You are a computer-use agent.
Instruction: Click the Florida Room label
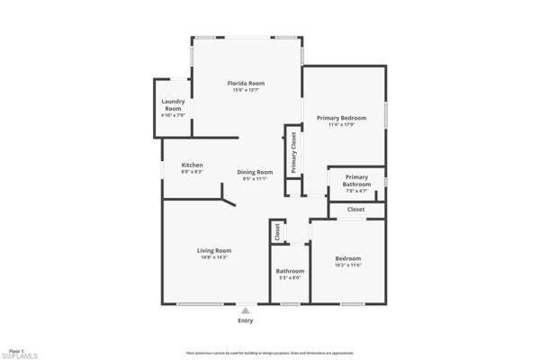(245, 83)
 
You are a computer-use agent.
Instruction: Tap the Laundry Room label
(172, 105)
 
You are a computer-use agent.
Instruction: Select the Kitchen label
(192, 165)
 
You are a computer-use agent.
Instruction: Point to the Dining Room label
(255, 172)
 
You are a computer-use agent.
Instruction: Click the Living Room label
(215, 250)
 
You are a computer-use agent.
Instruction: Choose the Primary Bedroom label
(341, 118)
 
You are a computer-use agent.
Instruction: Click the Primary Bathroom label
(356, 181)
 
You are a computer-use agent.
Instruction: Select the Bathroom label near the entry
(290, 271)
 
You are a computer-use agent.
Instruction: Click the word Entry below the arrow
(245, 320)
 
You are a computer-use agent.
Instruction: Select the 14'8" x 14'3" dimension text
(215, 257)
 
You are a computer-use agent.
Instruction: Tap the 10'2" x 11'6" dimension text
(347, 265)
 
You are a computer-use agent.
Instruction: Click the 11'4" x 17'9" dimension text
(341, 124)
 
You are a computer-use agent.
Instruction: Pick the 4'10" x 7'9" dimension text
(172, 115)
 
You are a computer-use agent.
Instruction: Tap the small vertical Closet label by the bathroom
(277, 231)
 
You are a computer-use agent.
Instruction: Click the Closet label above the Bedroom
(356, 209)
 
